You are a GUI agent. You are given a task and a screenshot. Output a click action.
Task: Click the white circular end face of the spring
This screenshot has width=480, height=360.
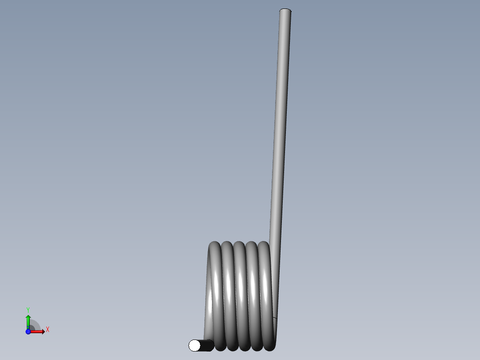195,345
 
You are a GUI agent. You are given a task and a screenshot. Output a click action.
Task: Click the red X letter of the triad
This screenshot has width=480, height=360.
48,330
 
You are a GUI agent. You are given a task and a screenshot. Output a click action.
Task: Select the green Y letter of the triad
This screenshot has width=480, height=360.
28,309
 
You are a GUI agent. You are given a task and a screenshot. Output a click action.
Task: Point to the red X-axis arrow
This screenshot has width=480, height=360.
37,331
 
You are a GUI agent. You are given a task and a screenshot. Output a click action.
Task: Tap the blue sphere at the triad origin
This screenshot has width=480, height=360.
28,331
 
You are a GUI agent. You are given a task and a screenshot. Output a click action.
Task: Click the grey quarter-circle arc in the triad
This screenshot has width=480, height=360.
36,324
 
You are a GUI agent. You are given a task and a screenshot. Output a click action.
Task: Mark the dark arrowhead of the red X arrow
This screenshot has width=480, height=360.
43,331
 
